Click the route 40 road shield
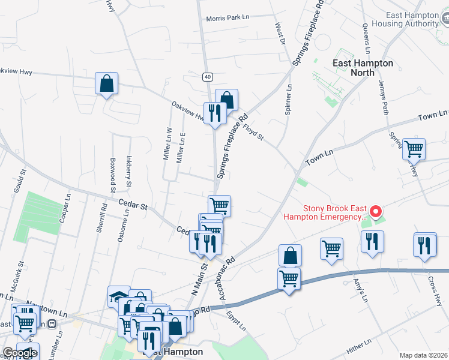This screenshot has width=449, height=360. (207, 77)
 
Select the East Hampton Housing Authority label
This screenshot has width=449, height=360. (405, 19)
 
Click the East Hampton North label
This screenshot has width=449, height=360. (363, 67)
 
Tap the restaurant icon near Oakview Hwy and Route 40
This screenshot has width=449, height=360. (214, 112)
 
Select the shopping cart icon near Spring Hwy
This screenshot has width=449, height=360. (414, 148)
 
